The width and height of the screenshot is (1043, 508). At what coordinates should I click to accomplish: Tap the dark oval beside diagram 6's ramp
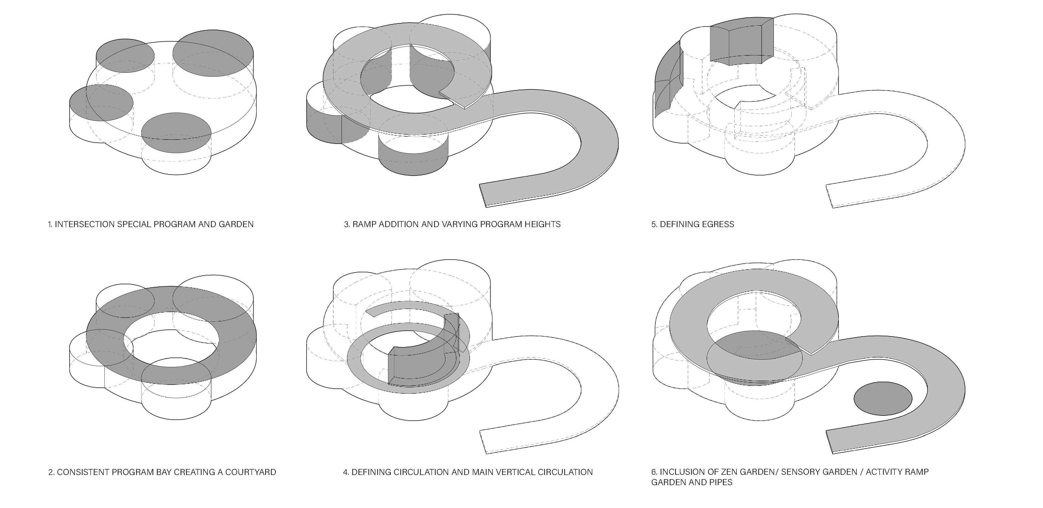coord(883,399)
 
